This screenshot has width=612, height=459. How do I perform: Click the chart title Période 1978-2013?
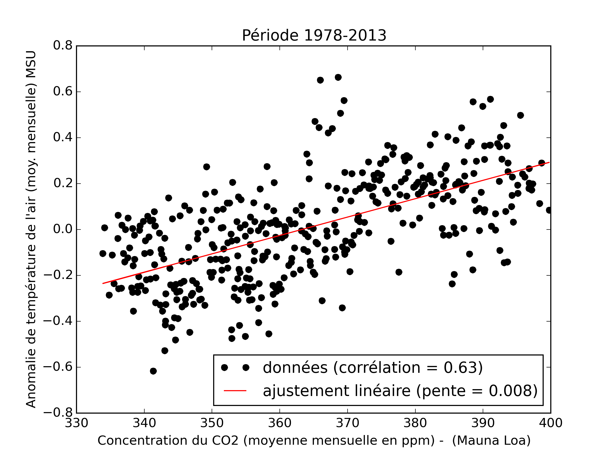(x=314, y=36)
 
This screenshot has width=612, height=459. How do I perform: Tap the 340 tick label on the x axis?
(x=144, y=423)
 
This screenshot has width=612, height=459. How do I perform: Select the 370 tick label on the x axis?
(x=347, y=423)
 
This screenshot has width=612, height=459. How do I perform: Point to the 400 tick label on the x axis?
(x=551, y=423)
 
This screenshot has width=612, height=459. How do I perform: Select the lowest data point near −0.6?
(x=153, y=371)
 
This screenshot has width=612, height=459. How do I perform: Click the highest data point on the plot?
(x=338, y=77)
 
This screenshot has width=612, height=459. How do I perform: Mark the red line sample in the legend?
(x=235, y=391)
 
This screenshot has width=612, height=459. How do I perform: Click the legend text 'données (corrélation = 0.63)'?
(x=373, y=368)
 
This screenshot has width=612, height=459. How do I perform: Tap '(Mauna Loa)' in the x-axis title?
(x=491, y=440)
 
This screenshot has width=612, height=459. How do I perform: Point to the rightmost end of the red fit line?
(x=549, y=162)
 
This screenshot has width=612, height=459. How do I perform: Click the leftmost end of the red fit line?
(x=103, y=283)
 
